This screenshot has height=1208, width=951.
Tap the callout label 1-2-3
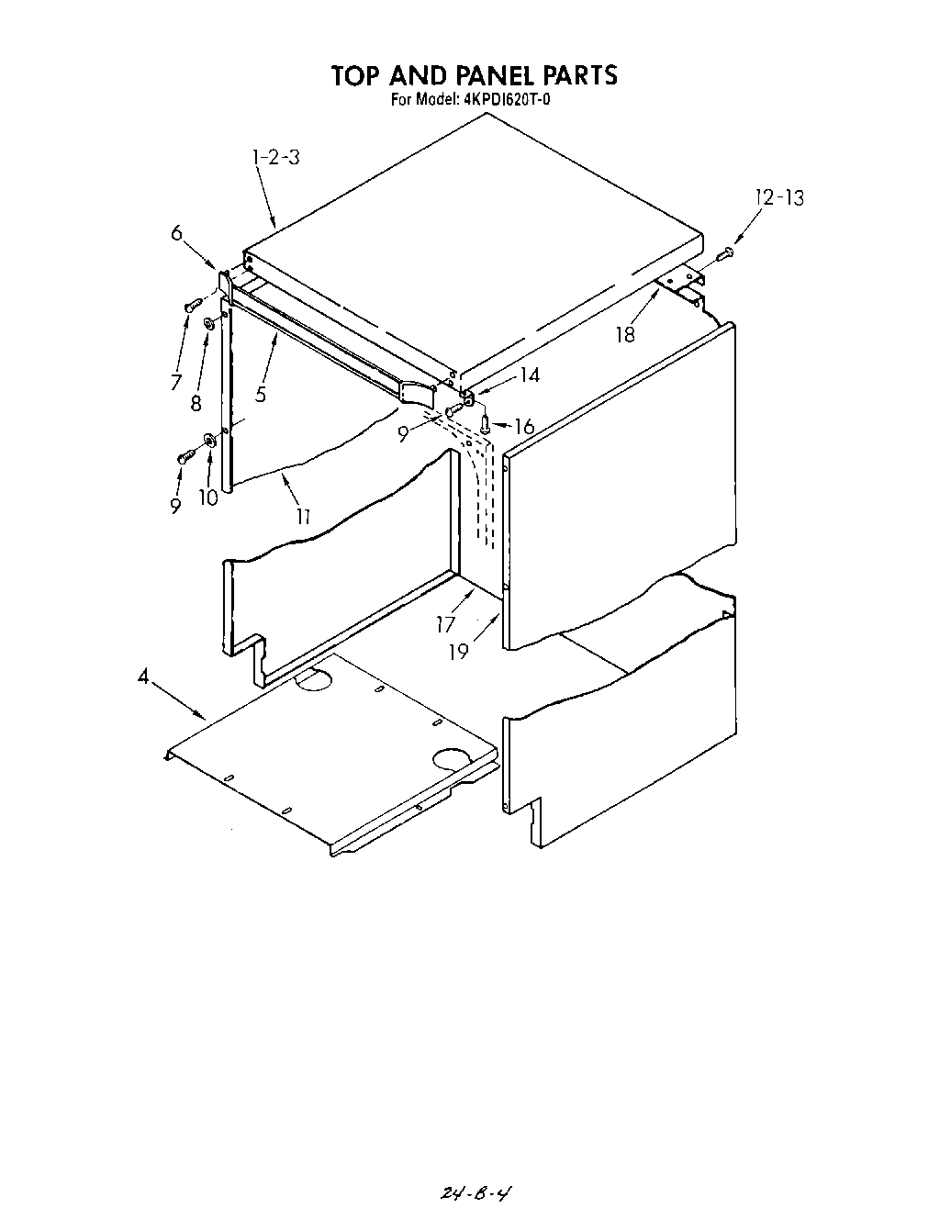[x=275, y=157]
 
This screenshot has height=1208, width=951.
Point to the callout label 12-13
[x=778, y=196]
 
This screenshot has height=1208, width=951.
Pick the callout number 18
[x=625, y=334]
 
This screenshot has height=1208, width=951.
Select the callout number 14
[x=529, y=375]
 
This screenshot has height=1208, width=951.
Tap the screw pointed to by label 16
[x=485, y=422]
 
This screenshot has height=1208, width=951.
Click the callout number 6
[x=177, y=233]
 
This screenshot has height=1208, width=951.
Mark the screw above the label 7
[x=191, y=306]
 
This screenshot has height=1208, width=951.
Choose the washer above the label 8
[x=210, y=323]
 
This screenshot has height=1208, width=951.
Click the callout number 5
[x=261, y=395]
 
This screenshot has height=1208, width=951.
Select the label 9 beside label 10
[x=175, y=505]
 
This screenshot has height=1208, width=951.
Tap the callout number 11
[x=302, y=517]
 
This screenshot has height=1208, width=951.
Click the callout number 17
[x=446, y=625]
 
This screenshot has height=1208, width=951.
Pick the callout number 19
[x=458, y=651]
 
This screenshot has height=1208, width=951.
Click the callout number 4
[x=143, y=677]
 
